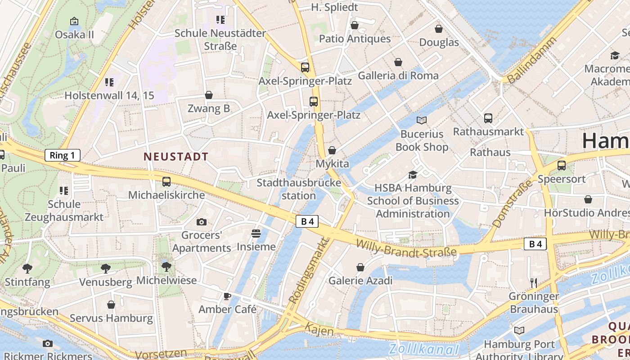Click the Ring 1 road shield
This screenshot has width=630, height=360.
click(63, 156)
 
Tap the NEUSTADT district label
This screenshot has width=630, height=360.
click(176, 157)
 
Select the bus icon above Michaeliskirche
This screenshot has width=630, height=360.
click(166, 182)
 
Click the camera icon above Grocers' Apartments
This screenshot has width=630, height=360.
click(202, 222)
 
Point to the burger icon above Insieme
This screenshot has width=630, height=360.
click(256, 234)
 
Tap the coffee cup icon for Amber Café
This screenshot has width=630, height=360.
click(227, 296)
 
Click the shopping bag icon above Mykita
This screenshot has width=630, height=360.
click(332, 150)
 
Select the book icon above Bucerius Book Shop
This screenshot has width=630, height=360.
click(422, 120)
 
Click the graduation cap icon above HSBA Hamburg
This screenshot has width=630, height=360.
click(413, 175)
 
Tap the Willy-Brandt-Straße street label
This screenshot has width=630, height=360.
click(406, 249)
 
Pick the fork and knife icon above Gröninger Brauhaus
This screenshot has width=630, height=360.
click(534, 283)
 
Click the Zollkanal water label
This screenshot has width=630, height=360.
click(423, 349)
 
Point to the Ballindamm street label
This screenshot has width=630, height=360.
click(531, 61)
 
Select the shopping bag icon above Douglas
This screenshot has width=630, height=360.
click(439, 29)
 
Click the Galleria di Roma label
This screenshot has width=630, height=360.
click(398, 75)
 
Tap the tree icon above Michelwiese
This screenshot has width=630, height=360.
click(166, 266)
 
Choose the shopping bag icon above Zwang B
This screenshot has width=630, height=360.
click(209, 95)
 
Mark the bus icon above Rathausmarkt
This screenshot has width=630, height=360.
click(488, 118)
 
